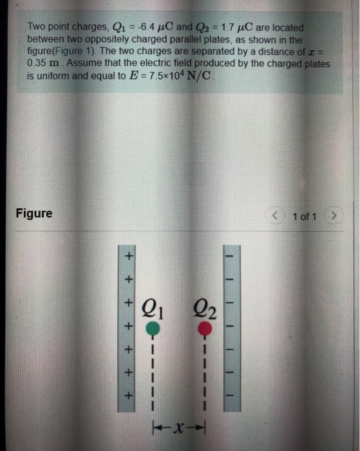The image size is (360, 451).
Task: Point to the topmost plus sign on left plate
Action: tap(128, 257)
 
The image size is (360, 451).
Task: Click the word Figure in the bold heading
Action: tap(34, 213)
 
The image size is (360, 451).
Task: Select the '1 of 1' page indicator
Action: tap(304, 216)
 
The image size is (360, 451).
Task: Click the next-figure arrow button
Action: tap(333, 216)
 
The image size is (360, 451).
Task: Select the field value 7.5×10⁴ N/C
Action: tap(189, 75)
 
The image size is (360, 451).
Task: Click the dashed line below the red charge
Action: tap(204, 374)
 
